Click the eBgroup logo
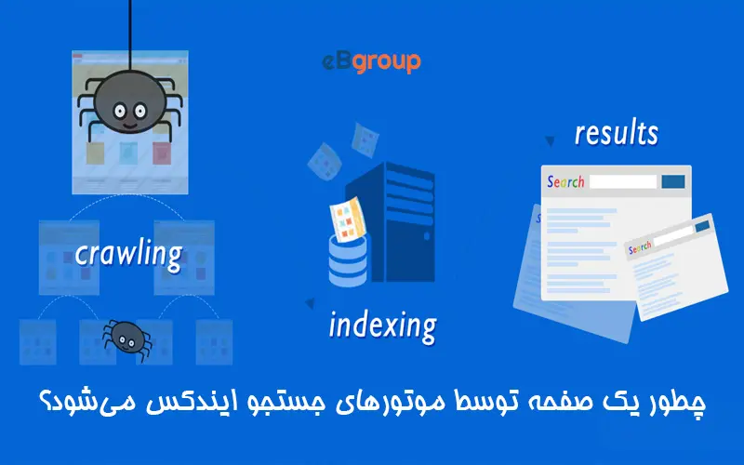point(371,61)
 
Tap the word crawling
point(128,255)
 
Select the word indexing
point(382,326)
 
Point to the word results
point(617,133)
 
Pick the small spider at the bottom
point(126,339)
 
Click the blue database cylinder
point(348,260)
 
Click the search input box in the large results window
point(623,181)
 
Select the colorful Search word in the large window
point(565,181)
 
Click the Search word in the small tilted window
point(640,247)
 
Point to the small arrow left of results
point(550,140)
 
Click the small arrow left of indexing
point(310,303)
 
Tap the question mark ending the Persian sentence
point(47,402)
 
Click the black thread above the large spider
point(130,35)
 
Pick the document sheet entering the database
point(348,220)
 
